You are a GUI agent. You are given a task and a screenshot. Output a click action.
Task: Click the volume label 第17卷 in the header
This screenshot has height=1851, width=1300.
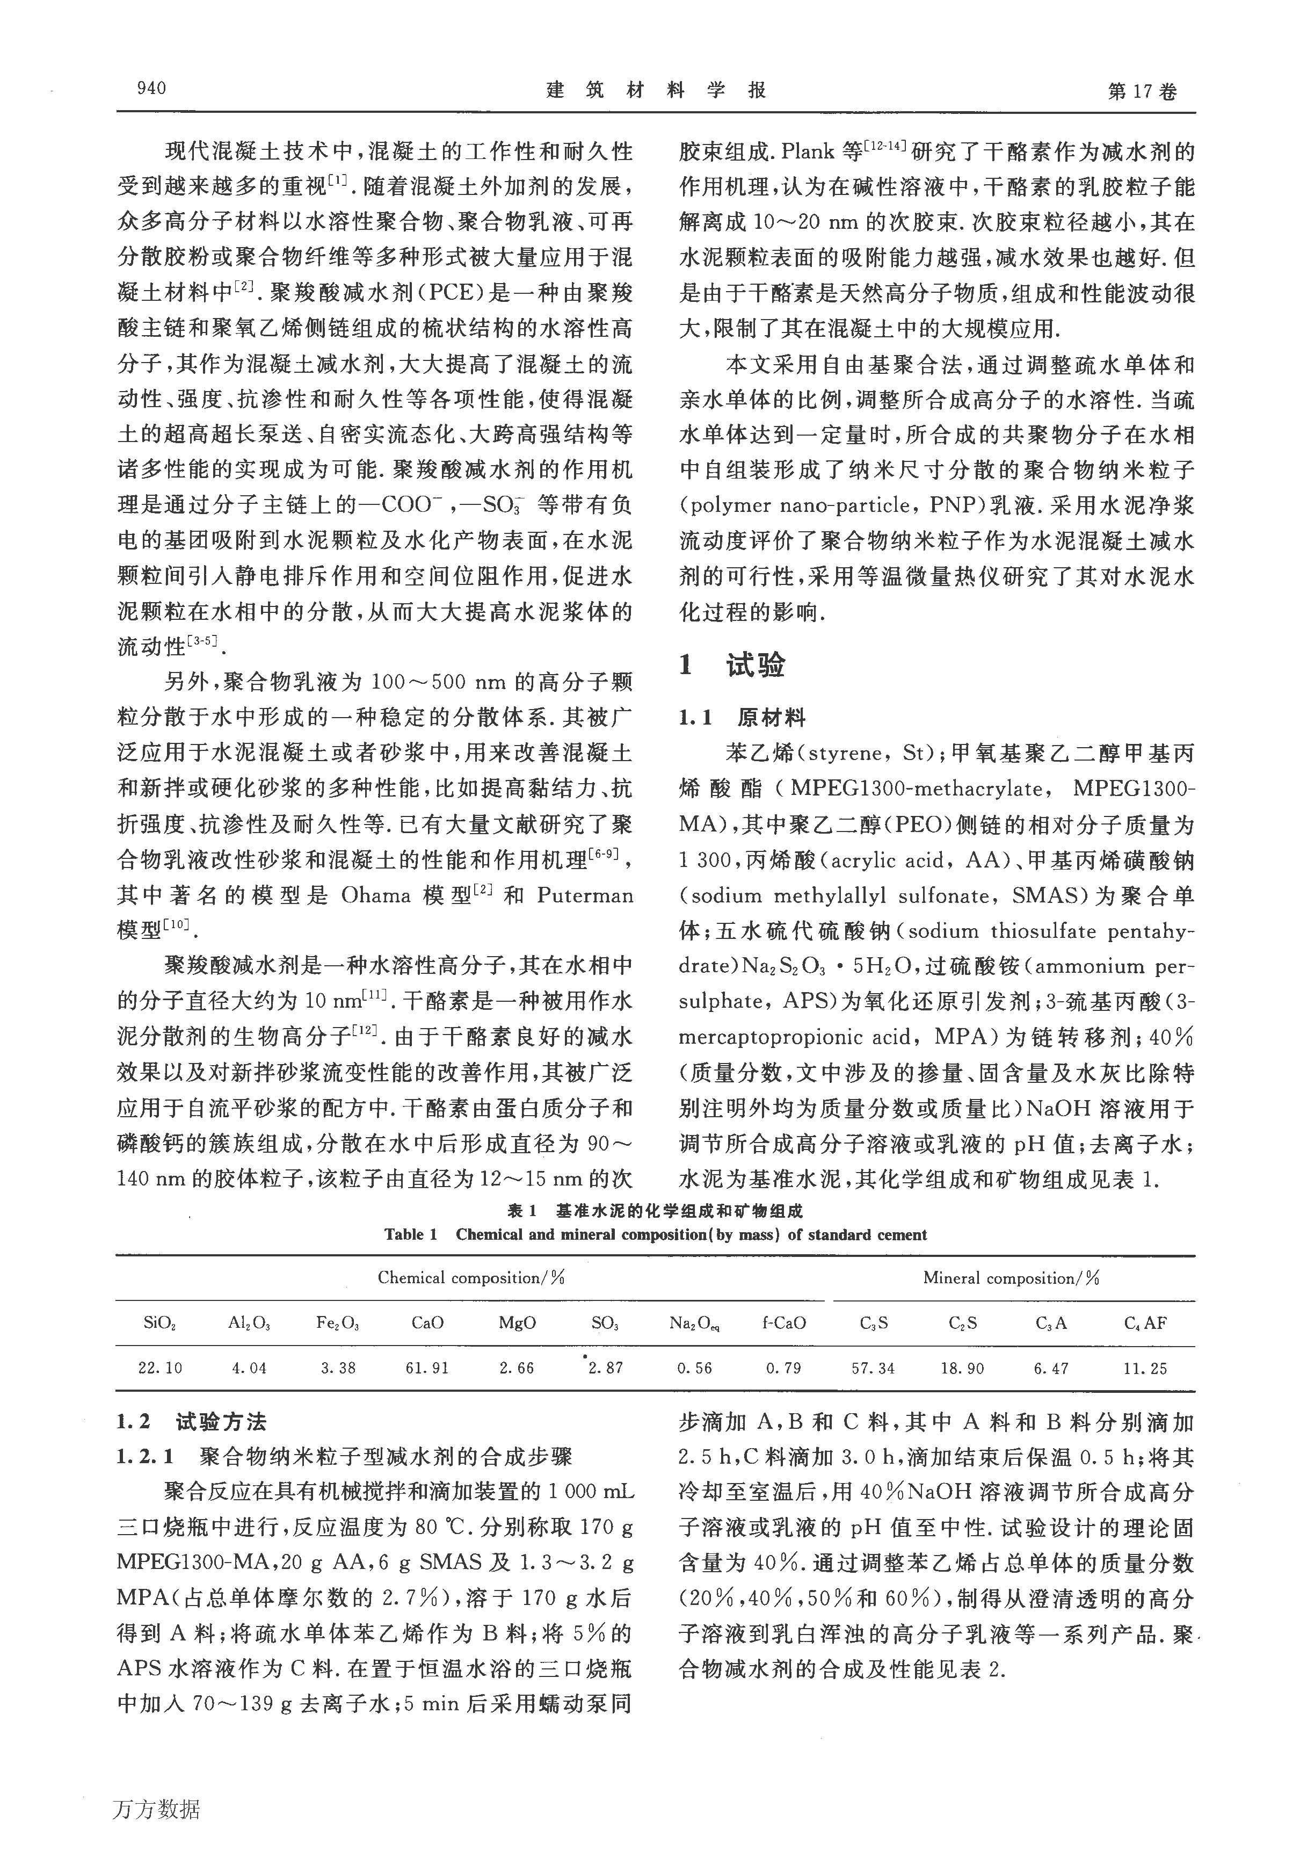pyautogui.click(x=1143, y=91)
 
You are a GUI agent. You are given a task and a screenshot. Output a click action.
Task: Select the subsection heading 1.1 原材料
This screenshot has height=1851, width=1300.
pyautogui.click(x=742, y=718)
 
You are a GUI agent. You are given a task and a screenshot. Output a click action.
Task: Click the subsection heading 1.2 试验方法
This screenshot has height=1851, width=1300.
pyautogui.click(x=191, y=1421)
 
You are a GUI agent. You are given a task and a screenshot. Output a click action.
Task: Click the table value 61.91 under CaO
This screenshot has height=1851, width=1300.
pyautogui.click(x=427, y=1368)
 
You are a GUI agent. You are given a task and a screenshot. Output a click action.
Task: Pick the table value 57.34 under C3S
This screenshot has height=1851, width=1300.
pyautogui.click(x=873, y=1368)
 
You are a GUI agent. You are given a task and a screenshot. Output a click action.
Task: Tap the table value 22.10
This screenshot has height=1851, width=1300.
pyautogui.click(x=159, y=1368)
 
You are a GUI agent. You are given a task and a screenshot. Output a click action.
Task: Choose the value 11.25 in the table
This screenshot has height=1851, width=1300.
pyautogui.click(x=1144, y=1368)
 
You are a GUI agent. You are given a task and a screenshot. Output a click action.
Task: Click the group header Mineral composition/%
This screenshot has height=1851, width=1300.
pyautogui.click(x=1012, y=1278)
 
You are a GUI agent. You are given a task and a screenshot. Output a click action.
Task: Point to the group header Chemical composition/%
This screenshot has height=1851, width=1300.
pyautogui.click(x=471, y=1278)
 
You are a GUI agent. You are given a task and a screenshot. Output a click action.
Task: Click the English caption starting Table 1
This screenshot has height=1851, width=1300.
pyautogui.click(x=655, y=1235)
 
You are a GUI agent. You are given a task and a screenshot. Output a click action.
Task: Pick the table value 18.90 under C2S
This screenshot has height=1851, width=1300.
pyautogui.click(x=962, y=1368)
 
